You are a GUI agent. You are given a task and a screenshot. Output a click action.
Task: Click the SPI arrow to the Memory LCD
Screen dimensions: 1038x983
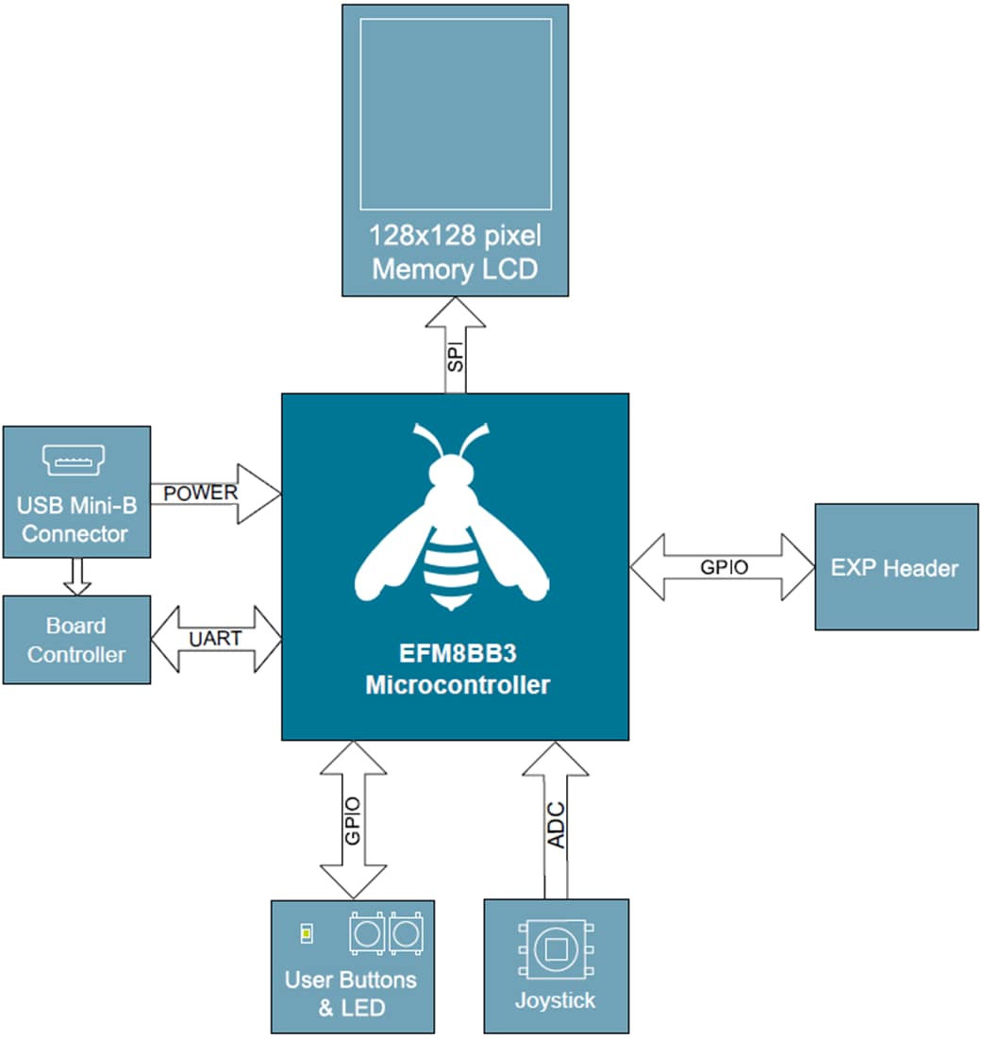click(x=456, y=345)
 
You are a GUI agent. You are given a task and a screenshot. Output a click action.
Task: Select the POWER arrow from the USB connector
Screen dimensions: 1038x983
click(x=215, y=493)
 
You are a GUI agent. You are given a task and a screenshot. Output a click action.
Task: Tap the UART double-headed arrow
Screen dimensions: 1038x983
click(x=216, y=639)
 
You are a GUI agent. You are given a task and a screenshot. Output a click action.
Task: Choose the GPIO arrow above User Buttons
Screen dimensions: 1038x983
click(x=353, y=819)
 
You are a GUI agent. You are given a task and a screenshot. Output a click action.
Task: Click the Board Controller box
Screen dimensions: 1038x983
click(x=76, y=640)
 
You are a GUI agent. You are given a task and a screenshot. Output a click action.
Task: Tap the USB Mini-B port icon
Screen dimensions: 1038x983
click(x=74, y=460)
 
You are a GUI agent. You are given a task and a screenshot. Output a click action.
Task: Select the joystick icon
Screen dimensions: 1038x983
click(x=556, y=947)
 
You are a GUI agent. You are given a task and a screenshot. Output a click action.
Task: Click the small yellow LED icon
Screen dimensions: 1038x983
click(x=306, y=934)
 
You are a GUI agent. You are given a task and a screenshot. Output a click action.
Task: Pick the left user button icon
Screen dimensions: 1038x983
click(x=365, y=934)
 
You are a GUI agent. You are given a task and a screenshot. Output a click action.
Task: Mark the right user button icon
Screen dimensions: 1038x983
click(x=406, y=934)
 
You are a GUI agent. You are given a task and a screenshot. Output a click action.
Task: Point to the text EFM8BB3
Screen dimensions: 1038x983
click(x=457, y=655)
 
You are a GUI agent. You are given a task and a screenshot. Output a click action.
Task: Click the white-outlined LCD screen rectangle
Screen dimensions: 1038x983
click(x=456, y=113)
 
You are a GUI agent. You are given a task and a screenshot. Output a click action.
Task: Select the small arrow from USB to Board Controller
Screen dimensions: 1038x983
click(x=77, y=576)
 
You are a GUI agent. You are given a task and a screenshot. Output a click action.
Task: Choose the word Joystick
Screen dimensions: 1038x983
click(x=556, y=1000)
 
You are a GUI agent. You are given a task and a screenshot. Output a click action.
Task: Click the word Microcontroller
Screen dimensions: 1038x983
click(x=457, y=685)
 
